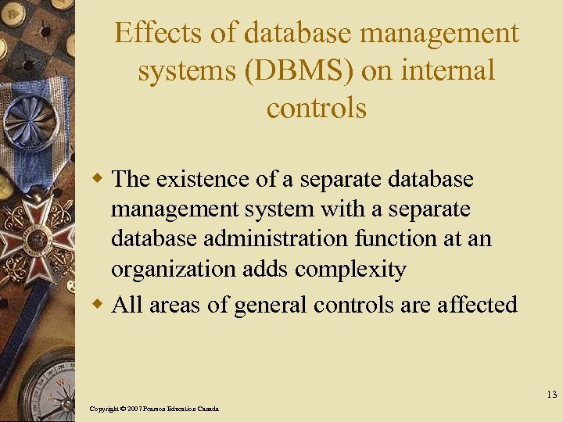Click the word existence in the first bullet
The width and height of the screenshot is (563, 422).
coord(204,179)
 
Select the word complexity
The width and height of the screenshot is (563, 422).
coord(351,270)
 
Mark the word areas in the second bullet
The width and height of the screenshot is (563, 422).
coord(176,305)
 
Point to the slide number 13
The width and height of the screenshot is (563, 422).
coord(551,395)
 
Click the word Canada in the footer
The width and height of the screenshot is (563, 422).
coord(207,409)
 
